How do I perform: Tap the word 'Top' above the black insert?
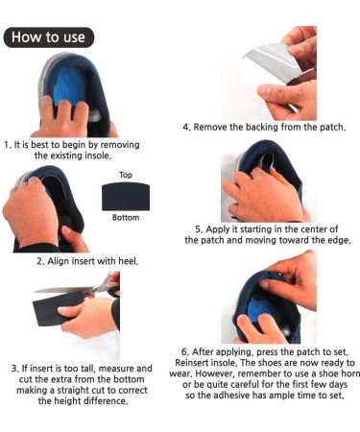click(125, 176)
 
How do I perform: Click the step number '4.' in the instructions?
click(187, 127)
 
